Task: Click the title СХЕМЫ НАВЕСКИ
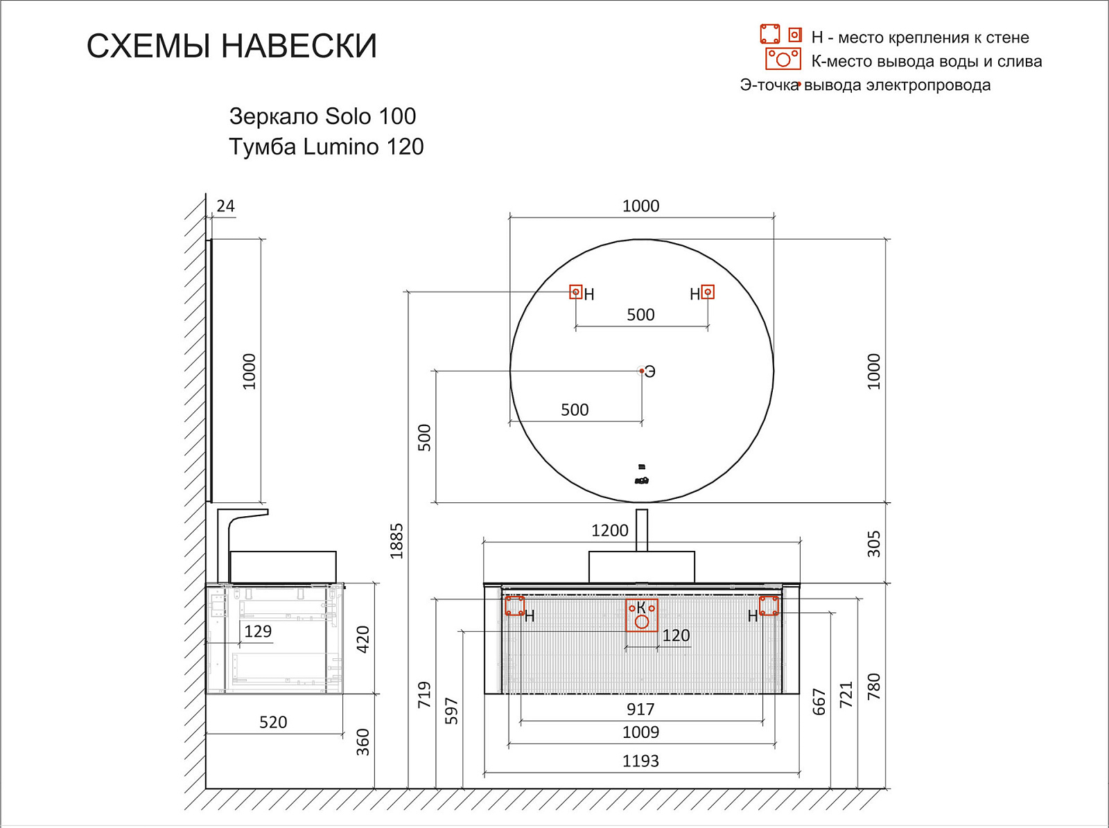coord(232,46)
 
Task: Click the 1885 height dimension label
coord(396,540)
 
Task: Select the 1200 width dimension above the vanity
coord(609,531)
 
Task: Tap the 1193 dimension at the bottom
coord(640,761)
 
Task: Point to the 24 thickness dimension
coord(225,206)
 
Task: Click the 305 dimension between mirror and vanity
coord(874,544)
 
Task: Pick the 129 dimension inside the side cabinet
coord(258,631)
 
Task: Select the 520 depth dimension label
coord(273,722)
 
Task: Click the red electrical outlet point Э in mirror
coord(642,371)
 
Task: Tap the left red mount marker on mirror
coord(575,292)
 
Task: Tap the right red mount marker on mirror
coord(708,292)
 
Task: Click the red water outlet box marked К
coord(642,615)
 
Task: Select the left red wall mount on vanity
coord(514,606)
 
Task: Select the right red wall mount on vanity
coord(769,606)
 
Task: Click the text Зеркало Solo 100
coord(322,116)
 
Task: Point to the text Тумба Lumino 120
coord(326,147)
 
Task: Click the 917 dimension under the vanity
coord(640,709)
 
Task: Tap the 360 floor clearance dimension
coord(363,741)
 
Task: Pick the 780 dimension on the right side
coord(873,686)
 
